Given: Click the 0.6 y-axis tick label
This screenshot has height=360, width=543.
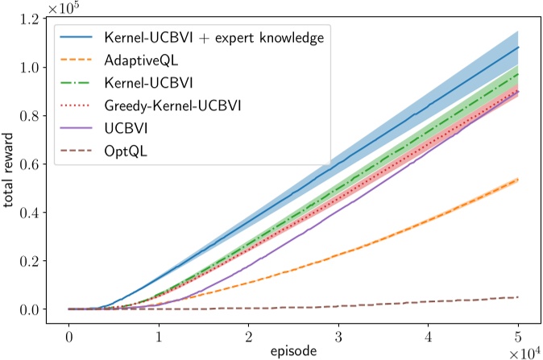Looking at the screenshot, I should pyautogui.click(x=35, y=164).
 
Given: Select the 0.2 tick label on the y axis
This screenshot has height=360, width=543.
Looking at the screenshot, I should pyautogui.click(x=35, y=261).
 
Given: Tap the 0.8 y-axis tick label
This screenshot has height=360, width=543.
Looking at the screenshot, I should pyautogui.click(x=35, y=116).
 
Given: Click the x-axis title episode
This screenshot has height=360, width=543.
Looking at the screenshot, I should pyautogui.click(x=293, y=350).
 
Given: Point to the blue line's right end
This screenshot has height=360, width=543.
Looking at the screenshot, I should pyautogui.click(x=518, y=47).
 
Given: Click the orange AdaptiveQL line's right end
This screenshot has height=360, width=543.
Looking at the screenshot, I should pyautogui.click(x=518, y=179).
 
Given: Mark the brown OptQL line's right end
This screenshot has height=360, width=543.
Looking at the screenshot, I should pyautogui.click(x=518, y=297).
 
